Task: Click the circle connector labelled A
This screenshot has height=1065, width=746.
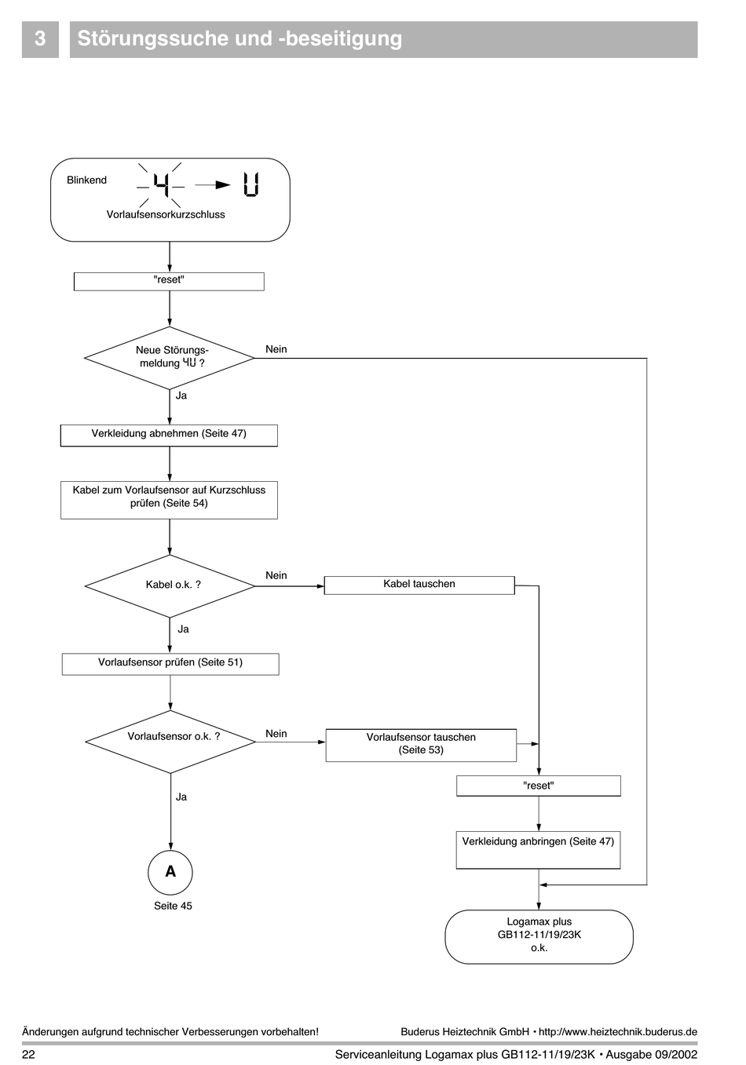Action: (x=170, y=873)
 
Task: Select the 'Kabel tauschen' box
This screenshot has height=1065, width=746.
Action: (x=419, y=585)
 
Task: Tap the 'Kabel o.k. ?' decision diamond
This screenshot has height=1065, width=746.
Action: (x=170, y=586)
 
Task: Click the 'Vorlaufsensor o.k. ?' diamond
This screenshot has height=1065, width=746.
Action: (x=170, y=742)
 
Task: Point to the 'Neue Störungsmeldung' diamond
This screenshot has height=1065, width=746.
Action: (x=170, y=358)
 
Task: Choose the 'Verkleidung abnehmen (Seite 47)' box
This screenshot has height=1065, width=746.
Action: (x=169, y=436)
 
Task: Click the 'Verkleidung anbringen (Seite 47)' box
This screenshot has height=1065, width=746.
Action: (x=538, y=850)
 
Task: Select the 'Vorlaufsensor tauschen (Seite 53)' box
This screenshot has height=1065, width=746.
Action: (x=421, y=745)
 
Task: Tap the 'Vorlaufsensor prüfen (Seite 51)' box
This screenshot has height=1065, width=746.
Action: (x=170, y=664)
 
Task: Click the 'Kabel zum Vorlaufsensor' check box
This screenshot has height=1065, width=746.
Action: (x=169, y=500)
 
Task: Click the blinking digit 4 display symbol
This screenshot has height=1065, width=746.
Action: (x=161, y=185)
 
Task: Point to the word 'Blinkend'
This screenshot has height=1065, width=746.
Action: (x=86, y=181)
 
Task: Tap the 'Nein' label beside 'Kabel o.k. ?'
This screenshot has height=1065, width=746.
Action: (x=276, y=575)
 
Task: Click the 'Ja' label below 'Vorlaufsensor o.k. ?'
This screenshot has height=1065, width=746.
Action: (x=181, y=797)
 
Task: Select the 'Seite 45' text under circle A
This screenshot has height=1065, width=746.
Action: (x=173, y=906)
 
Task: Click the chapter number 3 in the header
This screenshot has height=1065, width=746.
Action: (x=40, y=38)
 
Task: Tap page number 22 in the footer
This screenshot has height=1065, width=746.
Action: (x=28, y=1054)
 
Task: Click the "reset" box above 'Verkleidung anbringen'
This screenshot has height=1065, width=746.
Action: (x=539, y=786)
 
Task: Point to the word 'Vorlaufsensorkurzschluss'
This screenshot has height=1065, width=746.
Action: (x=166, y=214)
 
